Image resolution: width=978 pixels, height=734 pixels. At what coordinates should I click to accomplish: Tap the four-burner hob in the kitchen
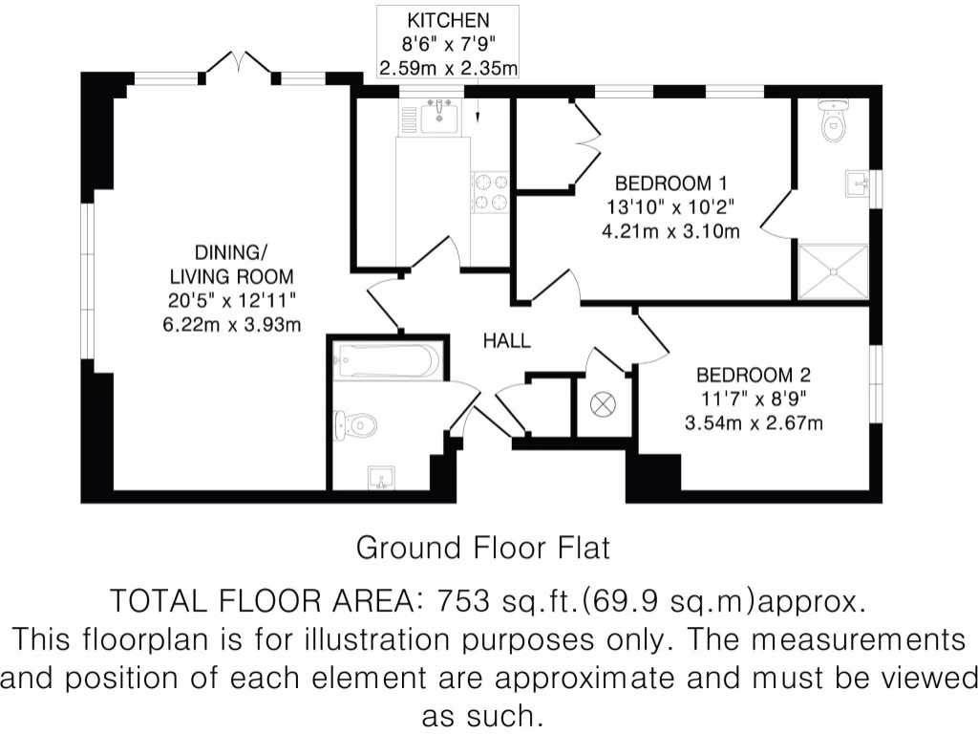click(490, 191)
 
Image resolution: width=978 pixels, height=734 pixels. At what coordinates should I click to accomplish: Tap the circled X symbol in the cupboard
click(604, 405)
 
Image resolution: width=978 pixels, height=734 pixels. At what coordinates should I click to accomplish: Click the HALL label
click(506, 341)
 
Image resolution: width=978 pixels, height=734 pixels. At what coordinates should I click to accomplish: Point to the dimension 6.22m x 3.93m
click(232, 324)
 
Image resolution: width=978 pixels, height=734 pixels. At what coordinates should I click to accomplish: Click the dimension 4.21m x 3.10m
click(670, 230)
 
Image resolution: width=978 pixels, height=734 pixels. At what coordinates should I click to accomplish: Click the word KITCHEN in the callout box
click(448, 20)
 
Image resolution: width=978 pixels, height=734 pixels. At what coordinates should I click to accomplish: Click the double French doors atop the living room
click(239, 65)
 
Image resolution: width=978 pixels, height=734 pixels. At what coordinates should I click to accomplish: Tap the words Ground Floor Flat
click(482, 549)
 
